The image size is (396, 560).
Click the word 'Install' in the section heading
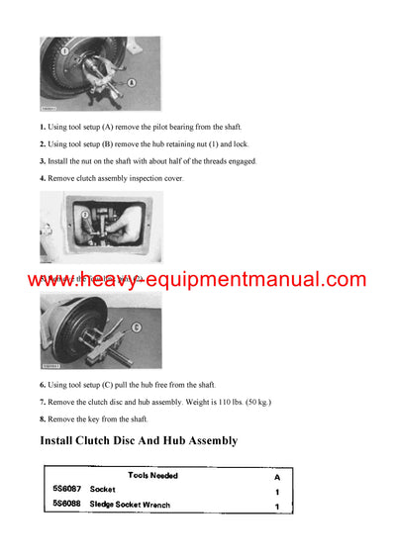(x=65, y=440)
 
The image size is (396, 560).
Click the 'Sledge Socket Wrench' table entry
(x=131, y=507)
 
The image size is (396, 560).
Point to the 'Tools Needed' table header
(x=152, y=475)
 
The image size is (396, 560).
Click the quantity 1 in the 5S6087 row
(x=277, y=491)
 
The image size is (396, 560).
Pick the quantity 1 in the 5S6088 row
(x=277, y=508)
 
